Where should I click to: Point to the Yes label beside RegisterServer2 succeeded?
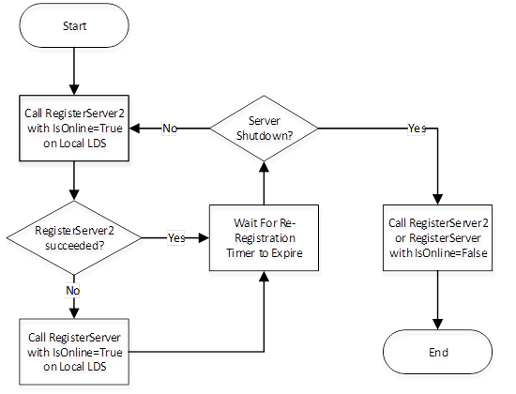click(x=175, y=237)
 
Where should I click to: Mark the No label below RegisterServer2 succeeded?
click(x=73, y=291)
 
